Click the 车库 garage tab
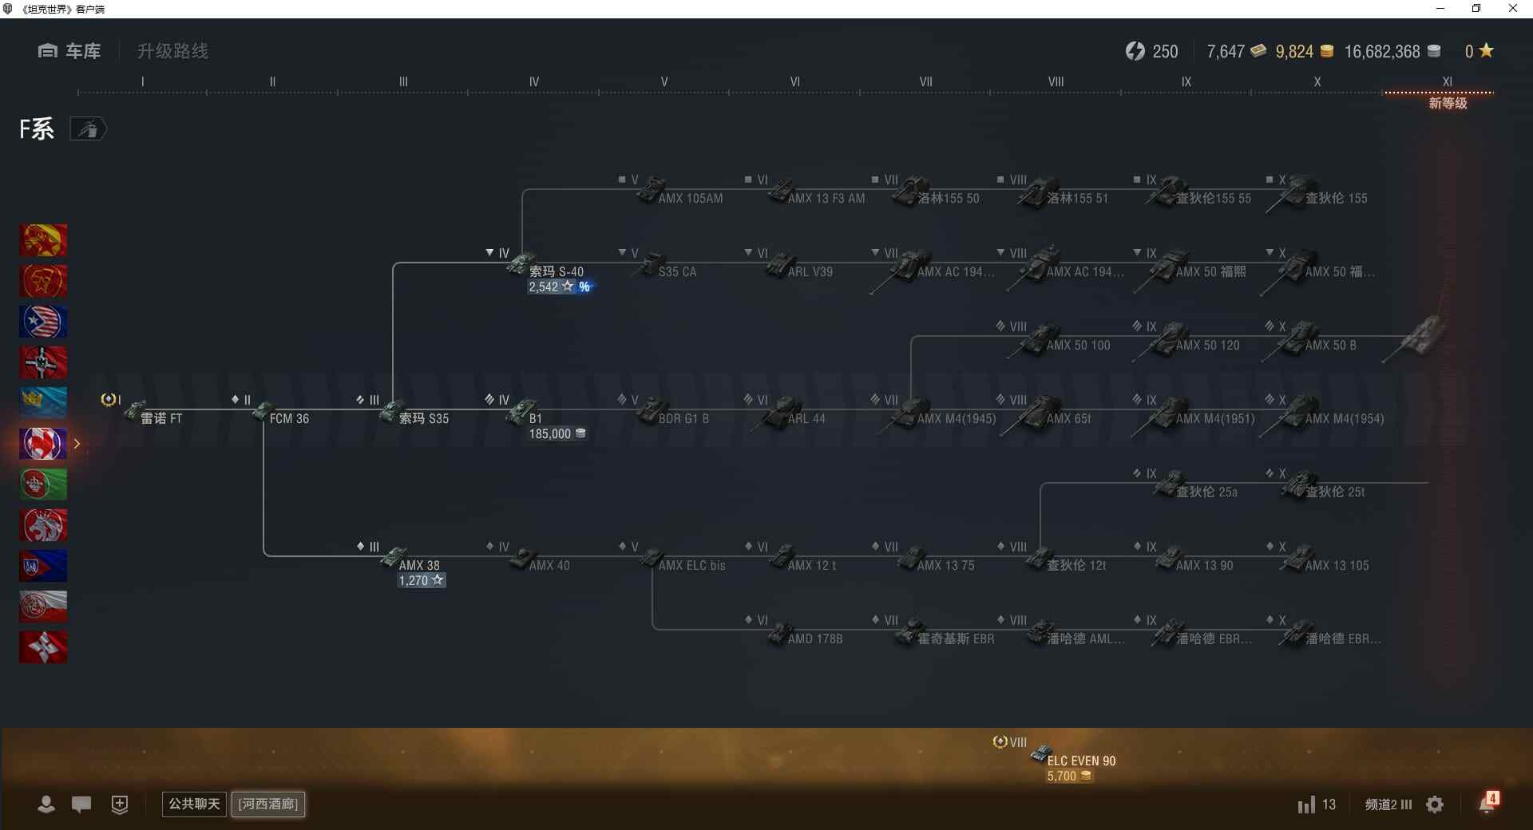pyautogui.click(x=69, y=51)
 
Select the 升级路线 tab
pyautogui.click(x=172, y=51)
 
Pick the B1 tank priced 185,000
pyautogui.click(x=534, y=418)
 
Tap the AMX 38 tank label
pyautogui.click(x=418, y=565)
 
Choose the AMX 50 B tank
pyautogui.click(x=1329, y=345)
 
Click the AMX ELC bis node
pyautogui.click(x=691, y=565)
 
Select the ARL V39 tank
pyautogui.click(x=809, y=271)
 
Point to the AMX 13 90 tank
pyautogui.click(x=1203, y=565)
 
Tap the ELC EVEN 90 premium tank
pyautogui.click(x=1080, y=761)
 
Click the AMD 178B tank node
pyautogui.click(x=814, y=638)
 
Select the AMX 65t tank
pyautogui.click(x=1068, y=418)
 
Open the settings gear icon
pyautogui.click(x=1435, y=804)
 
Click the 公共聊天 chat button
pyautogui.click(x=194, y=804)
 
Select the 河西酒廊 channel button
pyautogui.click(x=268, y=804)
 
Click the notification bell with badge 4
pyautogui.click(x=1487, y=804)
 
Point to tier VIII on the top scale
pyautogui.click(x=1056, y=81)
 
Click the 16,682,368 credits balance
pyautogui.click(x=1382, y=52)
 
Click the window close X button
pyautogui.click(x=1512, y=9)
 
